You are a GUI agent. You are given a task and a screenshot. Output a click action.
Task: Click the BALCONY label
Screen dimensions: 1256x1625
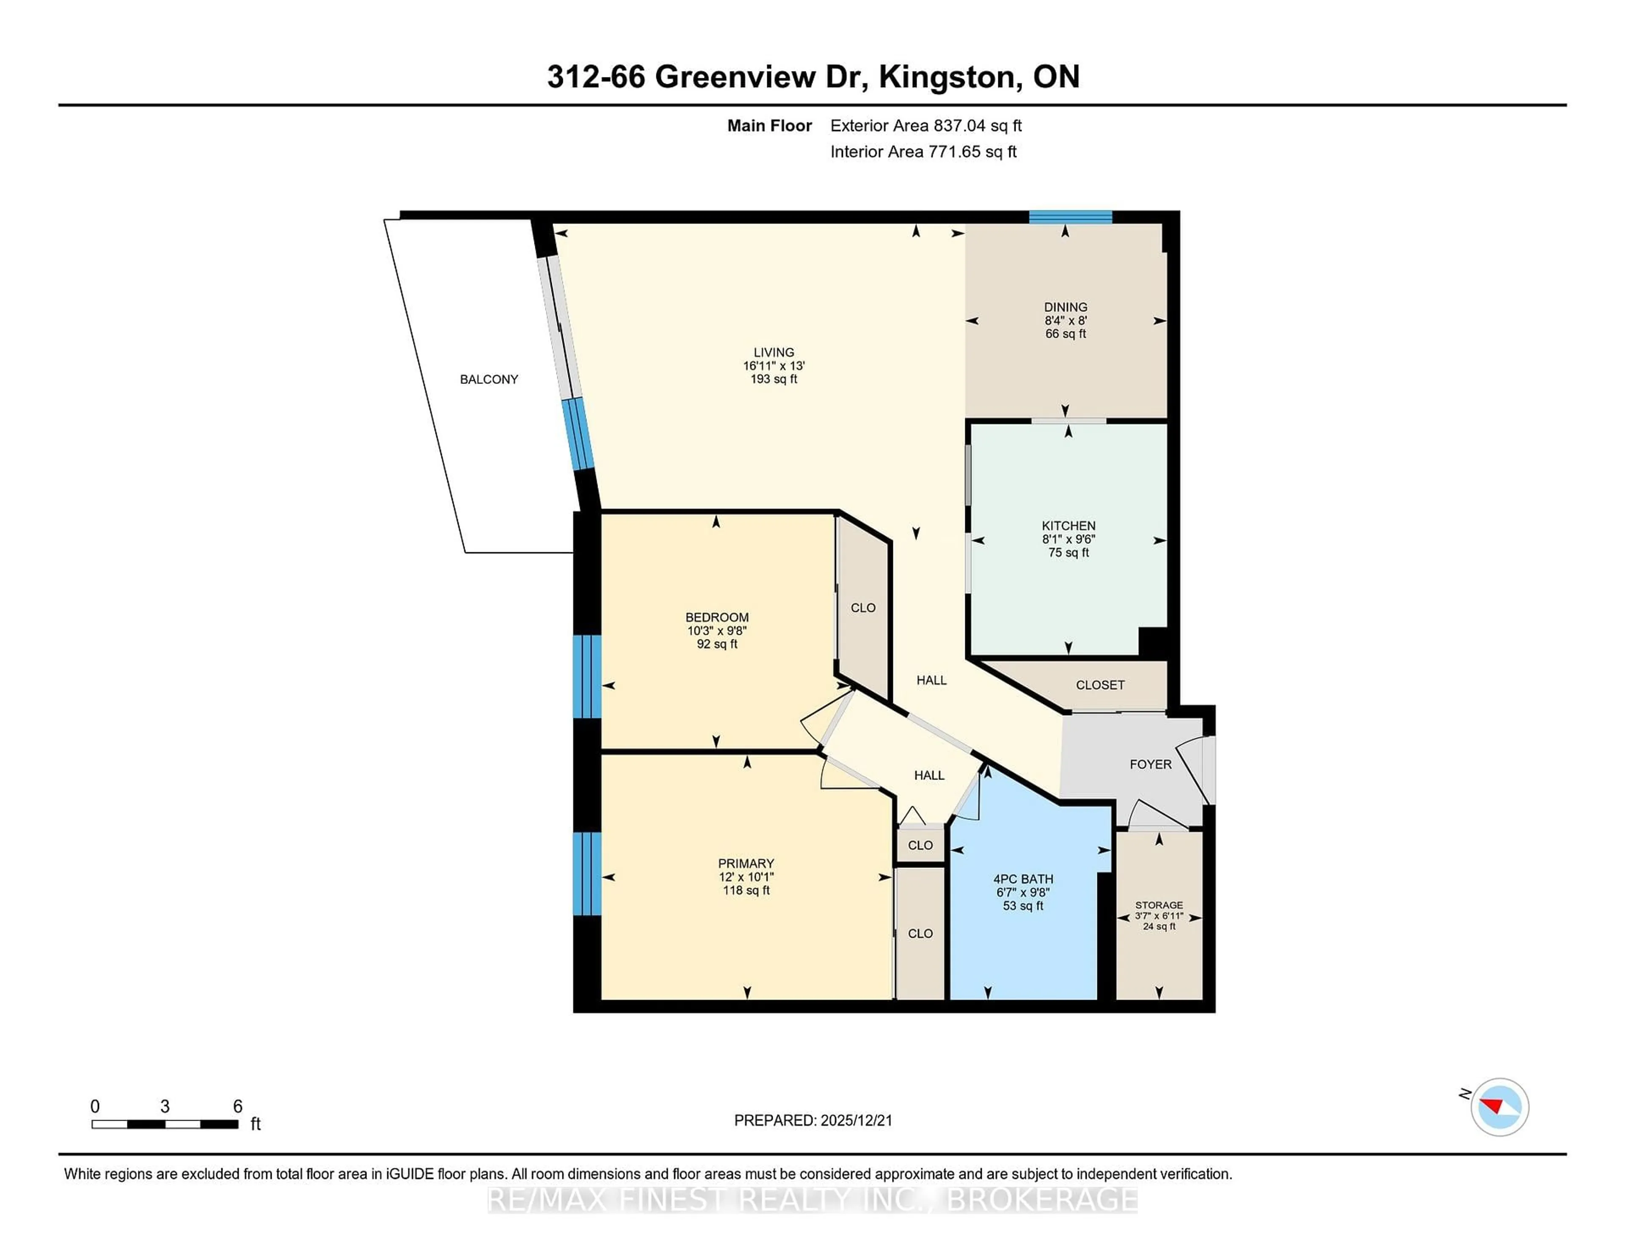click(489, 380)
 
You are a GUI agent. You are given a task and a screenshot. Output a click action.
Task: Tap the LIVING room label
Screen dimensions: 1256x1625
click(774, 353)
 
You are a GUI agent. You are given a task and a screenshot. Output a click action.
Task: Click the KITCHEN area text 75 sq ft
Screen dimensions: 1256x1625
click(1069, 553)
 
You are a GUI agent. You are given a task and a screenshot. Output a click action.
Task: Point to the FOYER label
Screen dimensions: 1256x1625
click(1150, 764)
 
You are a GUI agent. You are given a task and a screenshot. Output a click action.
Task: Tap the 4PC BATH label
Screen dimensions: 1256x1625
click(1023, 879)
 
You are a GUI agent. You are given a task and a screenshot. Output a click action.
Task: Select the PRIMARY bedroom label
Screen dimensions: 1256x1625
click(746, 863)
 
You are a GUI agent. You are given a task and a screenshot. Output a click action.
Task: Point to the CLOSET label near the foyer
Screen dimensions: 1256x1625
click(1100, 685)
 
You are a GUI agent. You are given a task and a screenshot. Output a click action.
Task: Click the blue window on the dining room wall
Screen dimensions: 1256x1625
click(1070, 217)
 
